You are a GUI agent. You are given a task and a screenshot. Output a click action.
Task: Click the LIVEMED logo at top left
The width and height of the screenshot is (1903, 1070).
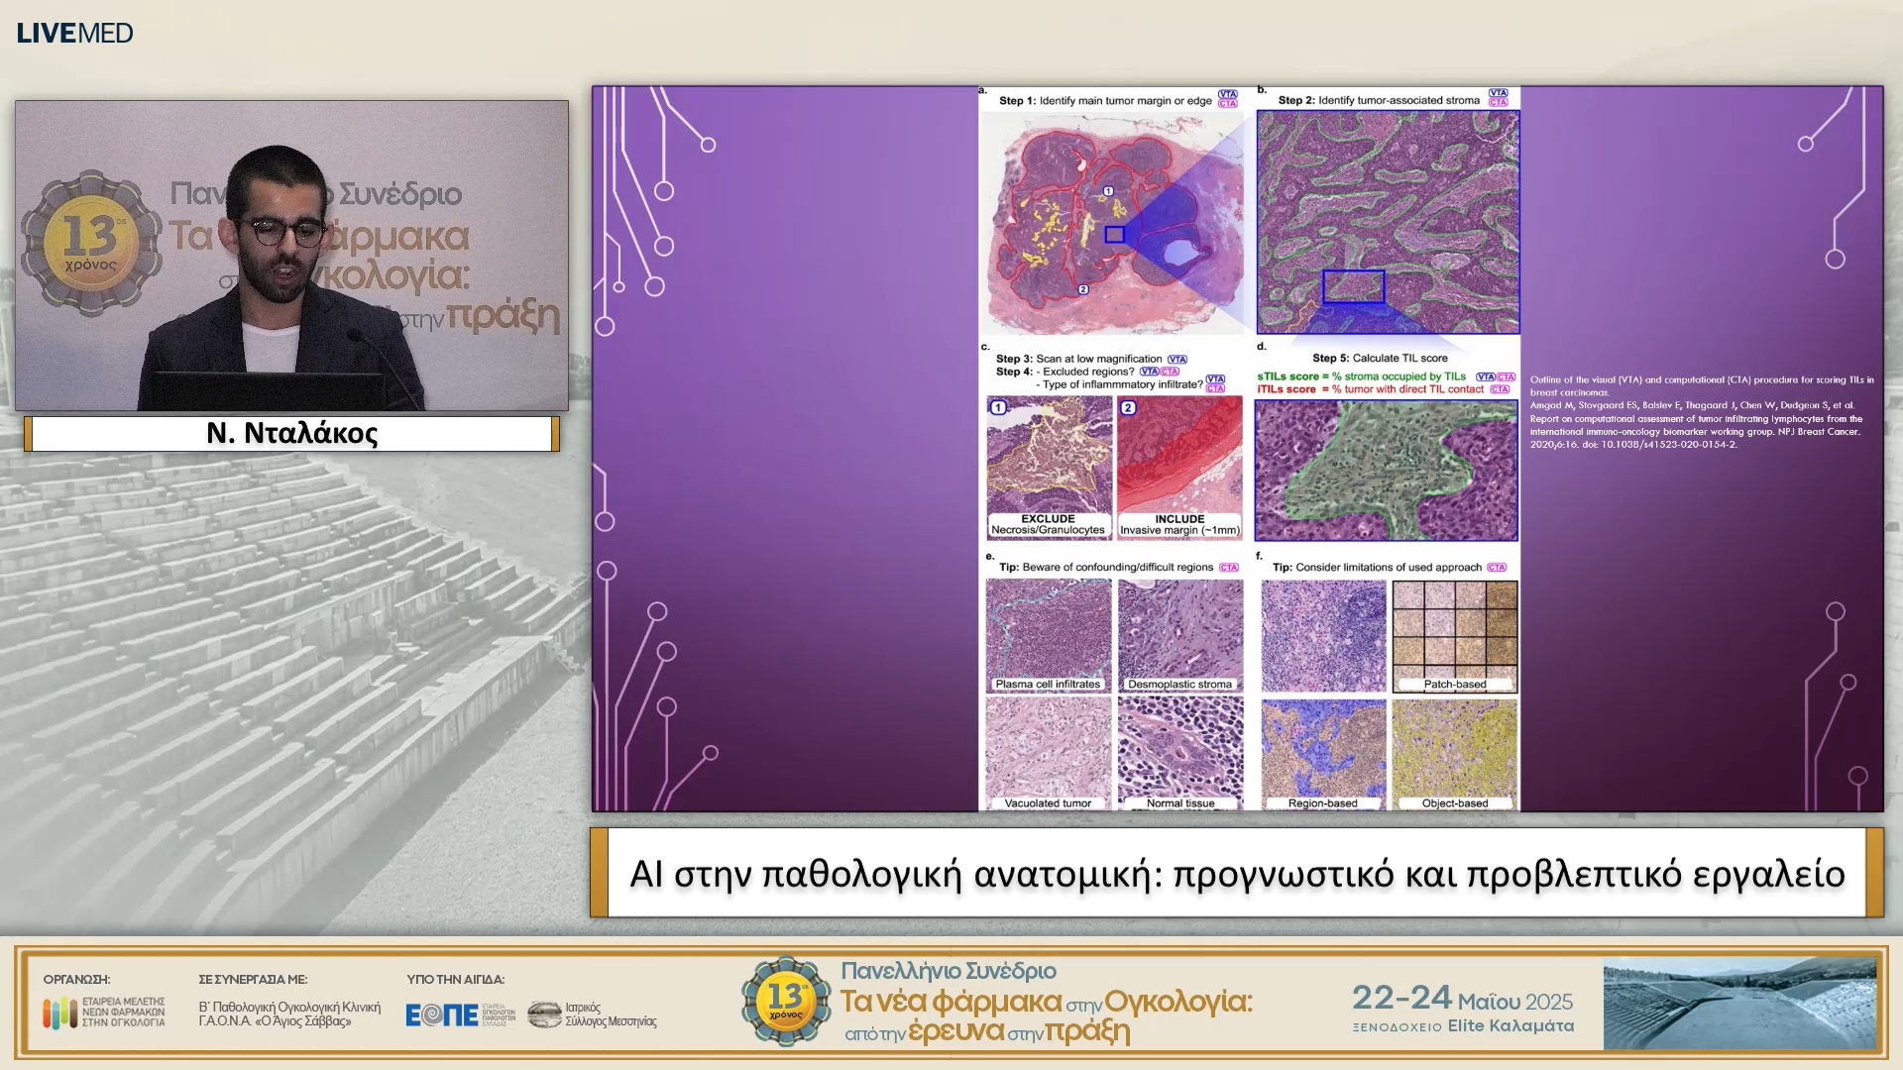coord(74,33)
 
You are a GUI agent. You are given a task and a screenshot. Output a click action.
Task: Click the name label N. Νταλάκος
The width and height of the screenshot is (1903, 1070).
coord(291,433)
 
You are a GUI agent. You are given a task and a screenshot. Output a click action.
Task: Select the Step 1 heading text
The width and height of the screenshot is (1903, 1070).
coord(1104,100)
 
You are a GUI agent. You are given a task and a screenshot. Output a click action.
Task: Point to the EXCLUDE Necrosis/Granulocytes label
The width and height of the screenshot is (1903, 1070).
coord(1048,525)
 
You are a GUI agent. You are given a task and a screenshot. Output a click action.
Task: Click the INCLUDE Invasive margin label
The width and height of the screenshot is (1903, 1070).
coord(1179,525)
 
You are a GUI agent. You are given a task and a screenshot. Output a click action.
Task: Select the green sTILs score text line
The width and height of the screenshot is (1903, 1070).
coord(1361,376)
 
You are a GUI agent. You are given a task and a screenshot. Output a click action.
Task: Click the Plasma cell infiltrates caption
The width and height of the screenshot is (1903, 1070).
coord(1048,684)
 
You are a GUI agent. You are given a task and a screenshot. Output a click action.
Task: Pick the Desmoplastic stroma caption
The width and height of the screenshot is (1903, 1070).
coord(1179,684)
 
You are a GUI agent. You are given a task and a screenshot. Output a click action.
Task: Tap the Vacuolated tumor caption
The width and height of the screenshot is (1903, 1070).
coord(1048,803)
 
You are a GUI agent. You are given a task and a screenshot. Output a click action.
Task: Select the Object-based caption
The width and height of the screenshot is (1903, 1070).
coord(1454,803)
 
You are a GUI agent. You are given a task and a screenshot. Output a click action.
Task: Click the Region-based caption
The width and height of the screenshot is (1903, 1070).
coord(1322,803)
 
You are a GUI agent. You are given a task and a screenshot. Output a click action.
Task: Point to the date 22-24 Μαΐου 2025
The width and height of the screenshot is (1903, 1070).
coord(1462,998)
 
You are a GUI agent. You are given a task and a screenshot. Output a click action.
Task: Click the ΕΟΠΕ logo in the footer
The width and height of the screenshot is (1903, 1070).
coord(442,1015)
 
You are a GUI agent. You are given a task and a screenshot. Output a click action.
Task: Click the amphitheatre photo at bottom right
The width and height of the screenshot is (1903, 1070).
coord(1739,1004)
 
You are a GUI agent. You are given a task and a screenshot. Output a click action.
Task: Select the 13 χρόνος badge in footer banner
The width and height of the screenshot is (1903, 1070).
coord(785,1001)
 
